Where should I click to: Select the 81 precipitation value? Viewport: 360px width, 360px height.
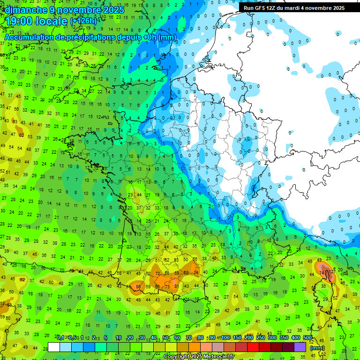click(x=176, y=286)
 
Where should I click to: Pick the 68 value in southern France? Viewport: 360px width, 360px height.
click(x=187, y=272)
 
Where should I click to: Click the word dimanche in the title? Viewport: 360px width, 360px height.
click(x=27, y=10)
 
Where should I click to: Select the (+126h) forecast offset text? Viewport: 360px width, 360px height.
click(x=84, y=22)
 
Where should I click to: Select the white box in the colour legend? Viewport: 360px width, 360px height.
click(x=54, y=347)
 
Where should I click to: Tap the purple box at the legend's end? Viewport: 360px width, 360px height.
click(x=300, y=347)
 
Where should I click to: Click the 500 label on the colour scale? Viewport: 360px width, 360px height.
click(x=307, y=337)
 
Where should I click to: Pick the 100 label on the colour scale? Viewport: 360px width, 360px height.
click(x=226, y=337)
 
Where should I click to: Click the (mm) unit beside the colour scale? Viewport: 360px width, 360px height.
click(x=317, y=348)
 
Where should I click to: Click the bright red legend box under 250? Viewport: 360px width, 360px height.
click(x=254, y=347)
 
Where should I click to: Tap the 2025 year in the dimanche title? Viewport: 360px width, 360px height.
click(x=113, y=10)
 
